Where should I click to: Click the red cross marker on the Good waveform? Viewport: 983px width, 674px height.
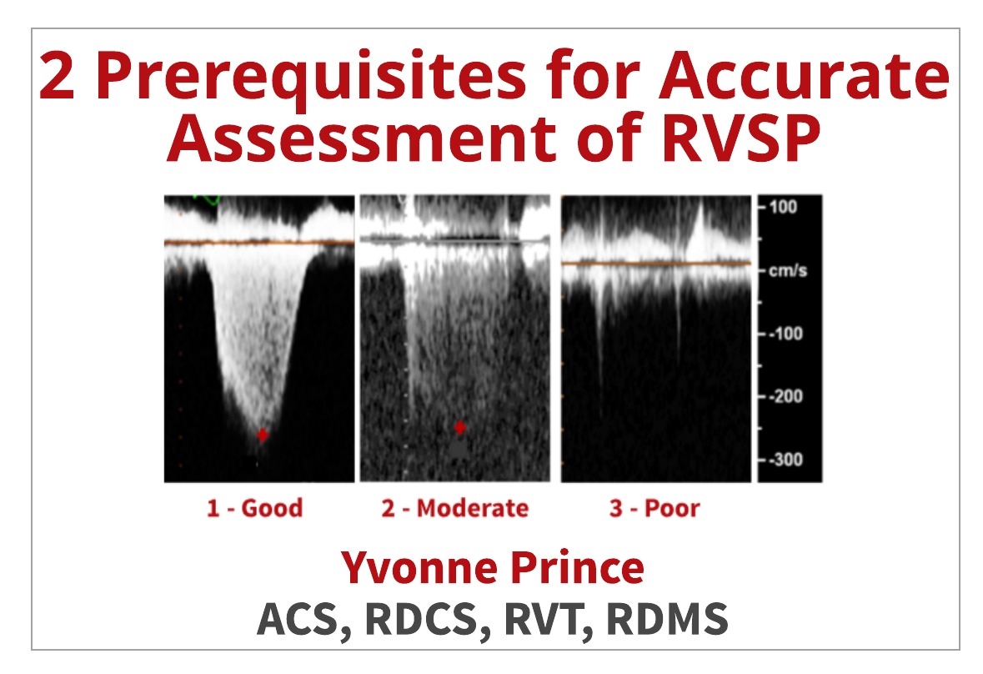point(263,435)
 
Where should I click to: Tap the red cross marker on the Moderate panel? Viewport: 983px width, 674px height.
point(459,428)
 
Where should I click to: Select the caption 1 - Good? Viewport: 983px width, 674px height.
point(254,508)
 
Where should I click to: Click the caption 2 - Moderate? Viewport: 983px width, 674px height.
point(454,508)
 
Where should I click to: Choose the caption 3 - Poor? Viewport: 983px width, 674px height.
point(654,508)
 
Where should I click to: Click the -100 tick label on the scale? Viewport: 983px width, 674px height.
point(786,334)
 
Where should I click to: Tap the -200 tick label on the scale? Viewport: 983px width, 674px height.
point(786,396)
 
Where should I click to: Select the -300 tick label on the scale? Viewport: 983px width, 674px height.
point(786,460)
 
